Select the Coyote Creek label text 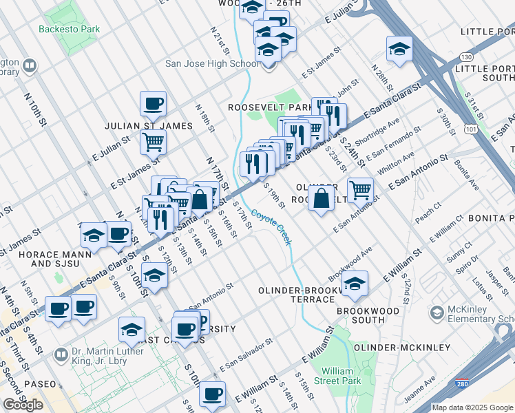[x=271, y=226]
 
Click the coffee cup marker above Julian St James [x=153, y=105]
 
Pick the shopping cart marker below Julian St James [x=153, y=142]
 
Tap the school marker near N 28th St [x=399, y=50]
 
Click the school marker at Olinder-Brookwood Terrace [x=355, y=284]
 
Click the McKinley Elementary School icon [x=437, y=314]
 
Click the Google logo [x=23, y=405]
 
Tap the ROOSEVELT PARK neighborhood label [x=271, y=108]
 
